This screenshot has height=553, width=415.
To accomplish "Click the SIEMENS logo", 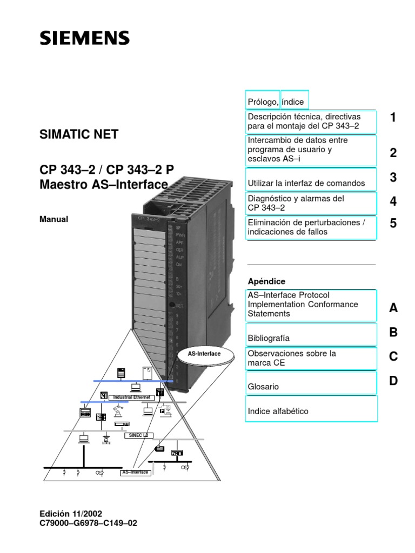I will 84,38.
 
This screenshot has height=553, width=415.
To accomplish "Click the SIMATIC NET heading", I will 79,134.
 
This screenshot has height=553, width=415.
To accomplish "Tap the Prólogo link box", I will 263,102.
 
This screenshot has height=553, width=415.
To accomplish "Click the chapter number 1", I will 393,117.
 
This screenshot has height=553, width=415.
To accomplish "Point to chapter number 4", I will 393,201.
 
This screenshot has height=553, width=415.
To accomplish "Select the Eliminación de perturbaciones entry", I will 311,227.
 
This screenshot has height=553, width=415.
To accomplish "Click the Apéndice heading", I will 266,281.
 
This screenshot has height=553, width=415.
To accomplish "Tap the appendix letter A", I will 393,308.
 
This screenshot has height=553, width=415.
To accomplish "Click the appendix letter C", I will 393,356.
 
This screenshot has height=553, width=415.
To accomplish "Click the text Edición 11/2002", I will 71,513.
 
